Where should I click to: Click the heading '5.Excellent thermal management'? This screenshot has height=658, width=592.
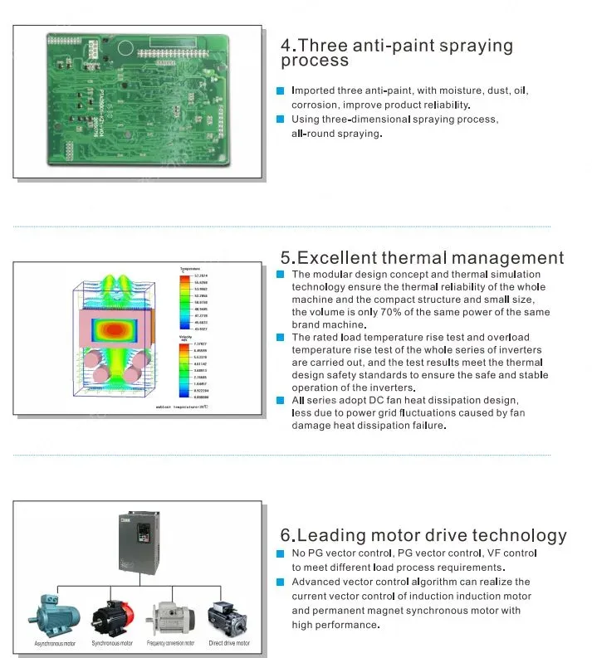coord(423,259)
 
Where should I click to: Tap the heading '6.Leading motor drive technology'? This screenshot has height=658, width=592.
coord(424,536)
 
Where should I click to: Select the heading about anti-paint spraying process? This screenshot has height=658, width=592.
coord(397,52)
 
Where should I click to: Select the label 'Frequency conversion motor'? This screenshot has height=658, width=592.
coord(171,644)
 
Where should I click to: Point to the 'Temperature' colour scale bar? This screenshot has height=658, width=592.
coord(184,305)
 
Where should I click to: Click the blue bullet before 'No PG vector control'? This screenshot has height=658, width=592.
coord(281,553)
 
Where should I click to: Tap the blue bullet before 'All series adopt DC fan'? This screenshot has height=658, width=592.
coord(281,401)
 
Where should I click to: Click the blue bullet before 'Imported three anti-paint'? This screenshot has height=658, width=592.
coord(281,90)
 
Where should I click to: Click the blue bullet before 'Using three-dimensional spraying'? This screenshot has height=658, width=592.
coord(281,119)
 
